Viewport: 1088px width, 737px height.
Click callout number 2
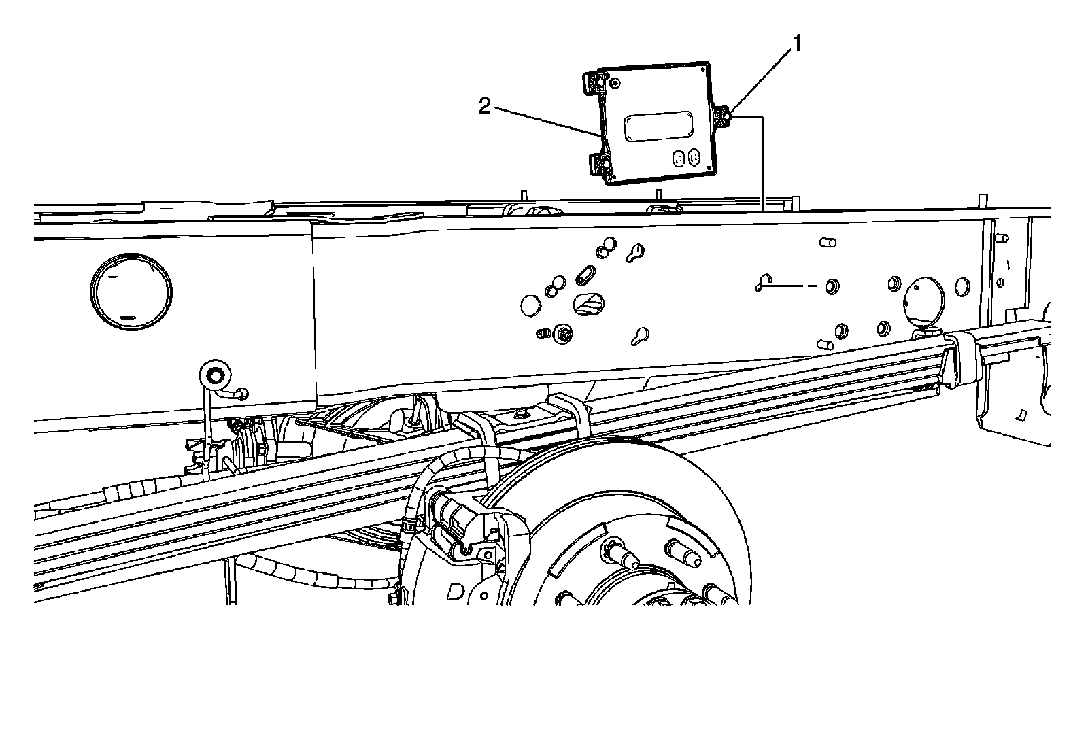[484, 106]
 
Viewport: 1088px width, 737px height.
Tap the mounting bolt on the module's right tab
[725, 119]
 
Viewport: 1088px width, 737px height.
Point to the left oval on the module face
[678, 158]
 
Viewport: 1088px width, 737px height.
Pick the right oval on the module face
[694, 157]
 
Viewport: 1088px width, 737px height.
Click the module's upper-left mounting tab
[596, 84]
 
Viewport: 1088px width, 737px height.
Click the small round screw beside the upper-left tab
[615, 83]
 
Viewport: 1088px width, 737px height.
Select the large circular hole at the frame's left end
[130, 292]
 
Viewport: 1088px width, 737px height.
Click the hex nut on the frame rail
[562, 334]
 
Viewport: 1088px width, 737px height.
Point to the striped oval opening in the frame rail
[588, 303]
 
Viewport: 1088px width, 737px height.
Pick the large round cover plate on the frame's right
[923, 299]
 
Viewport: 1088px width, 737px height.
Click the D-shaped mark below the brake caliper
[453, 593]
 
